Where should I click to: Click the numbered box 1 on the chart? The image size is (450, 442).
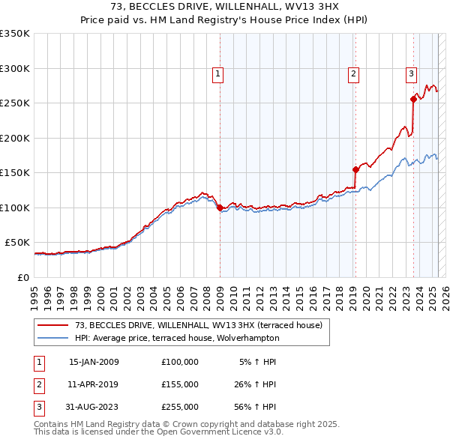[x=217, y=73]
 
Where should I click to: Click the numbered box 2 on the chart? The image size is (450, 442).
[x=352, y=73]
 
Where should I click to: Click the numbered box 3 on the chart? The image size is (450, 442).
[x=412, y=73]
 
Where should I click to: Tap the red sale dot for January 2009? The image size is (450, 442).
[x=220, y=208]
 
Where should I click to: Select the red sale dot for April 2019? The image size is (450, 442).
[x=355, y=169]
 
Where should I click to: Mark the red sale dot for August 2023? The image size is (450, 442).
[x=413, y=99]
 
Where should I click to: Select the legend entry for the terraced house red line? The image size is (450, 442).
[x=199, y=325]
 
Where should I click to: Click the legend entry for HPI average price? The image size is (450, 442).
[x=177, y=338]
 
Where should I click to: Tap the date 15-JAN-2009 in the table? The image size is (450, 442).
[x=94, y=362]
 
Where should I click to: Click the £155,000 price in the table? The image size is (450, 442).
[x=180, y=384]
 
